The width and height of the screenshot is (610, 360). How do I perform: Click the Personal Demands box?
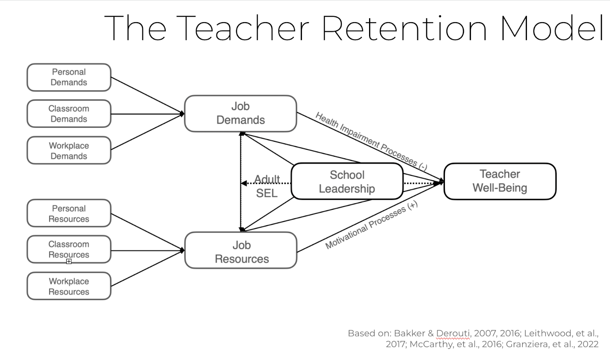69,77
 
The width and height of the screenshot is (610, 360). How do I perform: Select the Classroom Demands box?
69,114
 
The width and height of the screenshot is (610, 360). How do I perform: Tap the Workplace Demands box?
69,151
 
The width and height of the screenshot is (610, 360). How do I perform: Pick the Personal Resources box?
69,214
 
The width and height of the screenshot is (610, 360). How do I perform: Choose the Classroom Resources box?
69,249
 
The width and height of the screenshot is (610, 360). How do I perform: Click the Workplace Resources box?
69,286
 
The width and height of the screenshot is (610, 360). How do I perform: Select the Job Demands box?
240,113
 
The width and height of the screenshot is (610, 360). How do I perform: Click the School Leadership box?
347,182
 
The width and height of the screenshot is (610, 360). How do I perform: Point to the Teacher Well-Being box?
500,181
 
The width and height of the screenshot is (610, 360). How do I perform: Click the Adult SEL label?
267,186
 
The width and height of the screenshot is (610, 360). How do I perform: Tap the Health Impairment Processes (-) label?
371,141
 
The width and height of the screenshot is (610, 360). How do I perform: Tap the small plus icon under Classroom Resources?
69,261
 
